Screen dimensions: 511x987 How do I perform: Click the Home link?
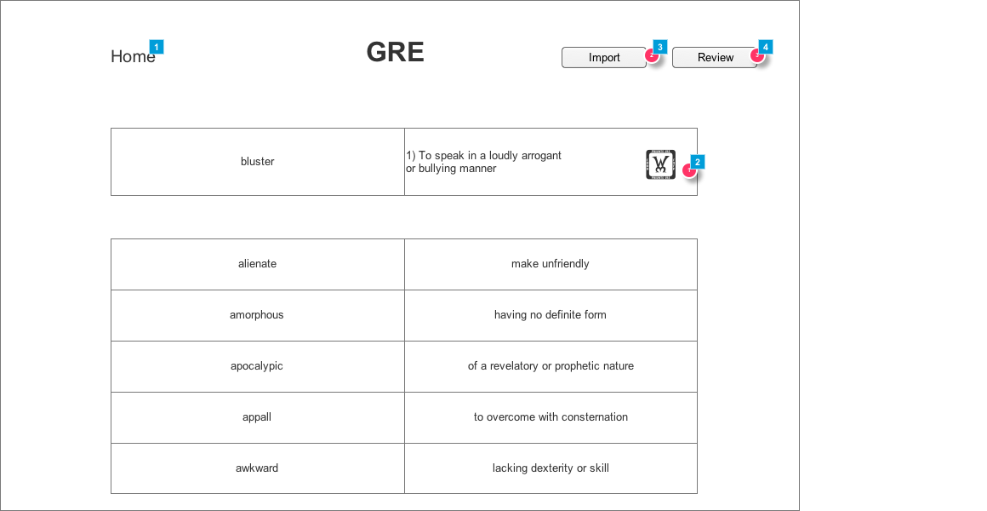[133, 57]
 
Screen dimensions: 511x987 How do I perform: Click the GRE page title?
[395, 52]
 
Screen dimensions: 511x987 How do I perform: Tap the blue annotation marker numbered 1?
[157, 47]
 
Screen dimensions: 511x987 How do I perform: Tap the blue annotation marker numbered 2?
[698, 162]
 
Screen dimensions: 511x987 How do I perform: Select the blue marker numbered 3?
[660, 47]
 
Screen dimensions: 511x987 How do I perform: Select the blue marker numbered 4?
[766, 47]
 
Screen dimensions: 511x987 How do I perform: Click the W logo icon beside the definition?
[660, 164]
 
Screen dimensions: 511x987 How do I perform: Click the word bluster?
[257, 162]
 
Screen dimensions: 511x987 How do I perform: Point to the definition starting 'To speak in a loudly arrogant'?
[483, 162]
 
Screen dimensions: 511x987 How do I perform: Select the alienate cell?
[257, 264]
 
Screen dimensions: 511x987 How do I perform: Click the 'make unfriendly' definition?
[550, 264]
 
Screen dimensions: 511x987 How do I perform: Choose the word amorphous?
[257, 315]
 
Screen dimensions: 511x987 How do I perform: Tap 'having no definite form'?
[550, 315]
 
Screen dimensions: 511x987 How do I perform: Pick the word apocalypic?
[257, 366]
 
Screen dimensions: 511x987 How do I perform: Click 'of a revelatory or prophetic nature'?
[550, 366]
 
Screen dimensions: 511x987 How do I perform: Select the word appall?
[257, 417]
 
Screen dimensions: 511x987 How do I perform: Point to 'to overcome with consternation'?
[550, 417]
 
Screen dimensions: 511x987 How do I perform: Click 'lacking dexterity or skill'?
[550, 468]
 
